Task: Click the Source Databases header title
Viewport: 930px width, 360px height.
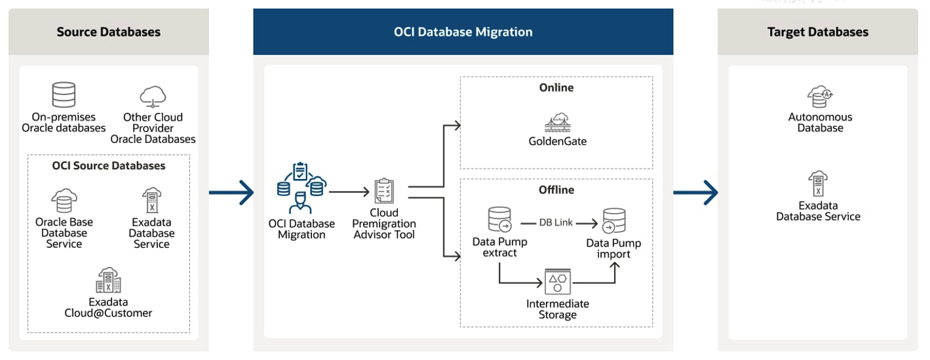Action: coord(108,32)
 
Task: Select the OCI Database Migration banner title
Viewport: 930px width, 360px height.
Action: coord(463,32)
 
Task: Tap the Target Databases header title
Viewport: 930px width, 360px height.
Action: coord(817,32)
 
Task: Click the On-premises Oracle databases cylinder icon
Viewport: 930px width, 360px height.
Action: coord(64,95)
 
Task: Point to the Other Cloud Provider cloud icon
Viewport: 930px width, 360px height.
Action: coord(153,96)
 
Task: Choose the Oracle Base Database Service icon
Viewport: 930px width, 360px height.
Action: coord(64,201)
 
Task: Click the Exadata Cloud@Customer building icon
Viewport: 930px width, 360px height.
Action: coord(108,281)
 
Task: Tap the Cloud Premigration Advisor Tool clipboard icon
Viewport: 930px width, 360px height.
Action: coord(384,191)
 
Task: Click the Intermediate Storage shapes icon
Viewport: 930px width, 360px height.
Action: coord(557,282)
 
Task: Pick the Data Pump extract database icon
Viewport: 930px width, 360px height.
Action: coord(499,220)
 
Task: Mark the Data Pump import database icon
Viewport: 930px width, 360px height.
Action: coord(613,221)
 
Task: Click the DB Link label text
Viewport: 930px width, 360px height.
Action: coord(556,223)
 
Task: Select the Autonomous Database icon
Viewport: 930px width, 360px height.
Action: coord(819,96)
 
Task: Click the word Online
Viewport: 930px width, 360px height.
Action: coord(556,88)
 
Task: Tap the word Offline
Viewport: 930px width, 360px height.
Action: coord(556,190)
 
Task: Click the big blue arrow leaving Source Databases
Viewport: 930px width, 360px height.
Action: coord(231,193)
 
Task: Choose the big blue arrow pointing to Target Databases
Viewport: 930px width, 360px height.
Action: coord(695,193)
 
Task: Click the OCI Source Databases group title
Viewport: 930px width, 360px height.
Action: coord(109,166)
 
